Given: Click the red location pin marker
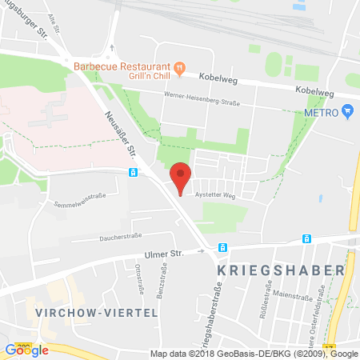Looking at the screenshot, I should click(x=182, y=176).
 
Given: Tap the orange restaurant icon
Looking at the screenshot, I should click(x=181, y=67).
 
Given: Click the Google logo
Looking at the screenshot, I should click(x=27, y=350).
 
